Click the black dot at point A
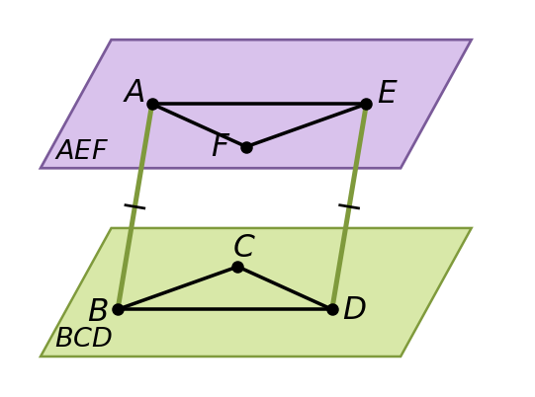153,104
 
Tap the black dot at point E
366,104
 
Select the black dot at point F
246,148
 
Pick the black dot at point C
237,268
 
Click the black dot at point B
118,309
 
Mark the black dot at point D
332,309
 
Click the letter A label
134,91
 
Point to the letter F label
221,145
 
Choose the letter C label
244,245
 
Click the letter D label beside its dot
355,308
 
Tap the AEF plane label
82,149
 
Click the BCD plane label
84,337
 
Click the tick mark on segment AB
134,206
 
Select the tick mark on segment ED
349,206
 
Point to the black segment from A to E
259,104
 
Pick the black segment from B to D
225,309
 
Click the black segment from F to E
307,125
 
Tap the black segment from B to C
178,288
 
